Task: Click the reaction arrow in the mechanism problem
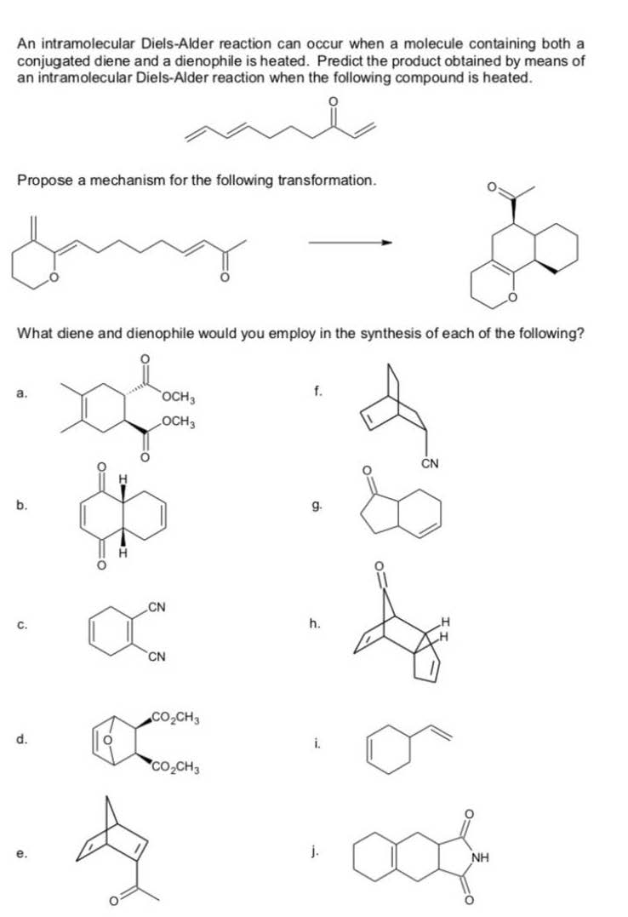pos(350,242)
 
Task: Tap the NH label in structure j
pos(480,858)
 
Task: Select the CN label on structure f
pos(430,464)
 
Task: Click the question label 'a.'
pos(21,394)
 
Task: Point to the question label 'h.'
pos(315,623)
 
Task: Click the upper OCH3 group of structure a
pos(179,398)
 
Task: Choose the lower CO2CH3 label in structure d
pos(175,766)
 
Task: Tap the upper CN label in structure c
pos(157,607)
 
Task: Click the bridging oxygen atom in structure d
pos(107,741)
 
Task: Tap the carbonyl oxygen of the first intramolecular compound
pos(333,102)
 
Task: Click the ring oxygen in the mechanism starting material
pos(54,277)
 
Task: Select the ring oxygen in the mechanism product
pos(512,298)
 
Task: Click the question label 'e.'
pos(21,854)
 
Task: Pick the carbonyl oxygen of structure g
pos(368,470)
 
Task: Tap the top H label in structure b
pos(123,479)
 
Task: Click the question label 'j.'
pos(315,851)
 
